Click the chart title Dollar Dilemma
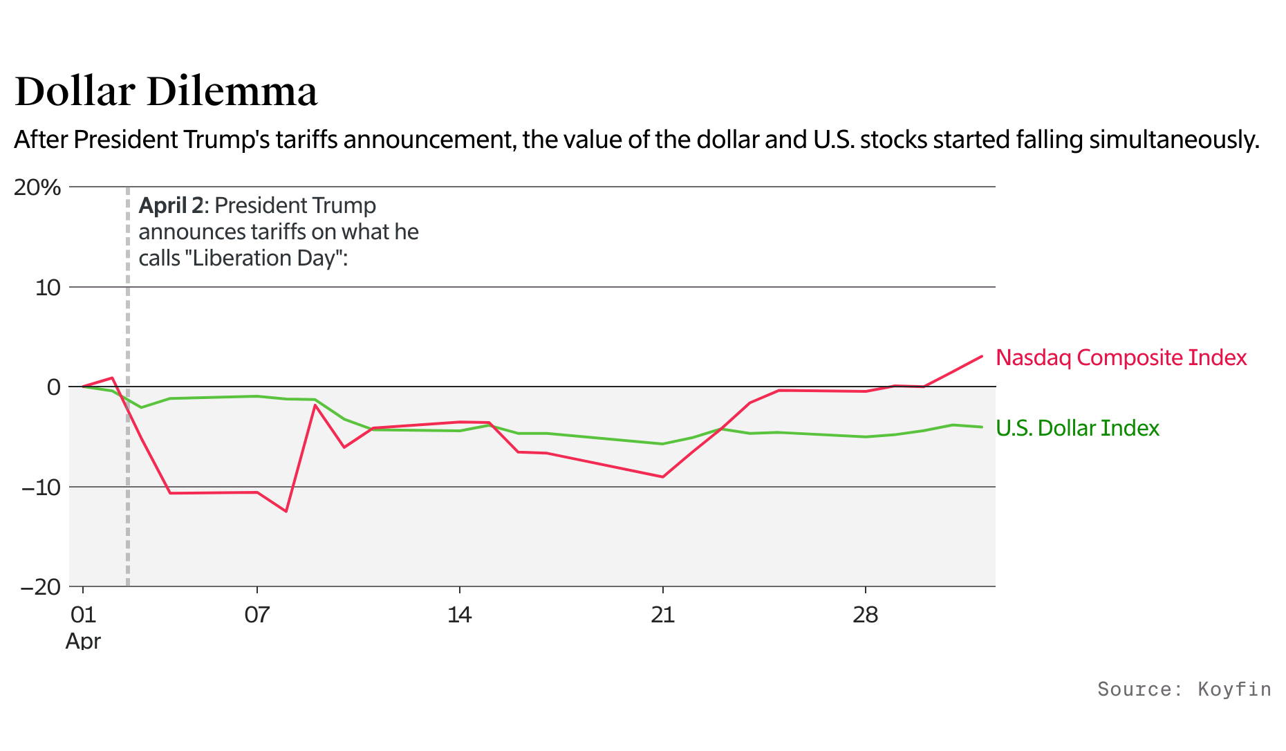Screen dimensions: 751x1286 166,91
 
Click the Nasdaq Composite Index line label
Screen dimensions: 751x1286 1121,358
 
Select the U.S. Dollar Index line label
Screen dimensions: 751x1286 1077,428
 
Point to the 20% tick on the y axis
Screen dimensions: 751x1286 38,187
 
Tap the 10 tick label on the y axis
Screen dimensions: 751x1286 48,287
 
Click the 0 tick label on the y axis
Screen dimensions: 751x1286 53,387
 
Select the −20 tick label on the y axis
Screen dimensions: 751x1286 41,587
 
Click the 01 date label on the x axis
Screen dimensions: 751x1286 83,615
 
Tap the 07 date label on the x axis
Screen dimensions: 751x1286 257,615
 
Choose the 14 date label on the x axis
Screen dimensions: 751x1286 459,615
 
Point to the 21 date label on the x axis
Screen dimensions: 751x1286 662,615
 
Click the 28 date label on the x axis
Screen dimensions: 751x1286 865,615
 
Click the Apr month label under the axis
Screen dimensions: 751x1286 83,641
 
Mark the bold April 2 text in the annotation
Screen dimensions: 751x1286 171,205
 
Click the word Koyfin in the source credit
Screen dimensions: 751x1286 1234,689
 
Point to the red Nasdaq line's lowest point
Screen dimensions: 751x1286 286,511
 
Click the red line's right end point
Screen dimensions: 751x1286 982,356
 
